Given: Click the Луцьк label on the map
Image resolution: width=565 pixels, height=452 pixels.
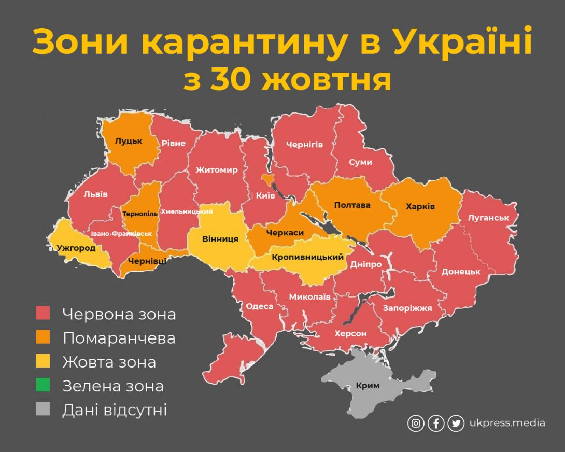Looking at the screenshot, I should click(129, 140).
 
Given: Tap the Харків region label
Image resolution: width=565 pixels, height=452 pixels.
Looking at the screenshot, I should click(420, 206).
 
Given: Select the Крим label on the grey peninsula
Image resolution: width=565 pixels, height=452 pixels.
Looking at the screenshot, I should click(368, 385).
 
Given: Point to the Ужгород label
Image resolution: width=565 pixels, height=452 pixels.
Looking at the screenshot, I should click(76, 248).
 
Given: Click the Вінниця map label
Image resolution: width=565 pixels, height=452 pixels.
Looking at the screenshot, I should click(220, 239).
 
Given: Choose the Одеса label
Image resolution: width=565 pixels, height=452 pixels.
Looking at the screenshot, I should click(259, 306).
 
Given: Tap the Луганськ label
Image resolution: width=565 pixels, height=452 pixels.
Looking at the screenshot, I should click(488, 218).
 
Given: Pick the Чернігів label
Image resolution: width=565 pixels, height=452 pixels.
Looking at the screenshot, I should click(304, 144).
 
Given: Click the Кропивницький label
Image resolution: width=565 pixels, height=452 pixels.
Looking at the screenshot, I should click(308, 257).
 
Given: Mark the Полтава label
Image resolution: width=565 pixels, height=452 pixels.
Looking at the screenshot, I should click(352, 205).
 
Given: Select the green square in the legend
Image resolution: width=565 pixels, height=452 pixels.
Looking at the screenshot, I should click(43, 386).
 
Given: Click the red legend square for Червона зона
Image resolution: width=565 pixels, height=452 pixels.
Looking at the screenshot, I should click(43, 313).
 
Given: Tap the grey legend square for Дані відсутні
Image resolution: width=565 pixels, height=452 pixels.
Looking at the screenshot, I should click(43, 410).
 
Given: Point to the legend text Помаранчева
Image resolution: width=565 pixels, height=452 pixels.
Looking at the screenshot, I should click(119, 338).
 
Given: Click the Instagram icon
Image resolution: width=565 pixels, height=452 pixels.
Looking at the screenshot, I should click(415, 423).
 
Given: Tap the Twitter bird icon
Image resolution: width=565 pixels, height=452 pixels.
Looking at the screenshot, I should click(456, 423).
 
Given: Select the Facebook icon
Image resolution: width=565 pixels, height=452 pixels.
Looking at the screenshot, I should click(435, 423).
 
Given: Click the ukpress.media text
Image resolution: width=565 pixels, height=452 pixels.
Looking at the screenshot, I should click(507, 423).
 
